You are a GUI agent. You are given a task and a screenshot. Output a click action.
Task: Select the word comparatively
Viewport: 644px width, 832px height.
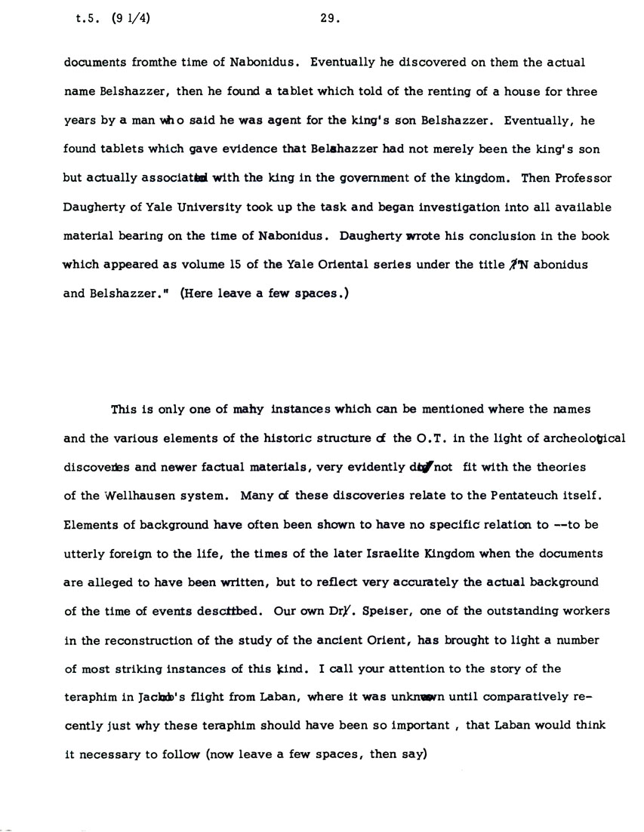click(505, 698)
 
